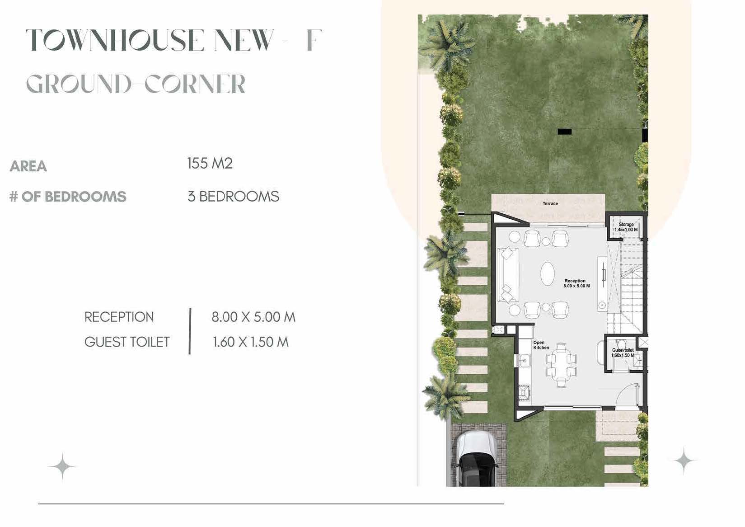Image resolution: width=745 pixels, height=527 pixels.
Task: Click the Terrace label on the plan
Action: pos(550,204)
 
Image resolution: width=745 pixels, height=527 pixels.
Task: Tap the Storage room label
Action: pos(626,225)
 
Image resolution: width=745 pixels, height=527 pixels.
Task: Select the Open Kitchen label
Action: pos(541,345)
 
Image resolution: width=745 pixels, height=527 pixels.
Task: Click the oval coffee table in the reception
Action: pos(548,273)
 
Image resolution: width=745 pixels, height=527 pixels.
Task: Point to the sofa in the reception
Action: pos(507,274)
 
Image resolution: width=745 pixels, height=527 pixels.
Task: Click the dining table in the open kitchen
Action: pos(561,365)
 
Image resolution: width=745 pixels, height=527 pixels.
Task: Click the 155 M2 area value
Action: pos(210,164)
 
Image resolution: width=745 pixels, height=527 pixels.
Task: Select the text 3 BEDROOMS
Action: pos(233,197)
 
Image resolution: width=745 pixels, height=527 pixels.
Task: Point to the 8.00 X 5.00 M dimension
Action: pos(253,317)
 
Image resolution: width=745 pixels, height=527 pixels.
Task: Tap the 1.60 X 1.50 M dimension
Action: pos(250,342)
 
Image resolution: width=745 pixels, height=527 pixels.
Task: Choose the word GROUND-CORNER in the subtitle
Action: pos(136,85)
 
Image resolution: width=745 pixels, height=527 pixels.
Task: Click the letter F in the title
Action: pos(314,40)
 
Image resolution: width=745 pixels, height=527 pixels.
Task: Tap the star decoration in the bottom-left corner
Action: pos(62,466)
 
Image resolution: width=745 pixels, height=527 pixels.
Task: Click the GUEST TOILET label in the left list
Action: pos(127,342)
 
